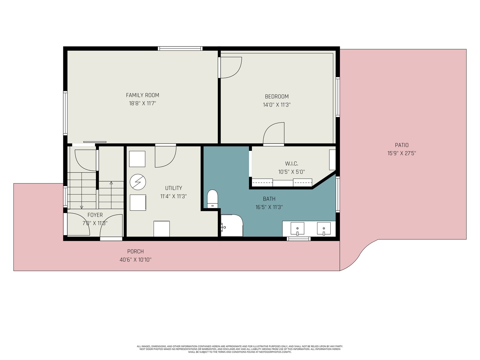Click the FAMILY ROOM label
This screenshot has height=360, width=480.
coord(142,95)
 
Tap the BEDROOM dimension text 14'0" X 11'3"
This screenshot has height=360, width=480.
coord(277,105)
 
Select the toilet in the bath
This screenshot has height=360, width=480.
coord(213,199)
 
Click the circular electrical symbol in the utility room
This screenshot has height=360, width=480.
coord(138,182)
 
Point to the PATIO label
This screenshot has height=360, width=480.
coord(402,145)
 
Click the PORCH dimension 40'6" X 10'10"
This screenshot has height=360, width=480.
coord(136,260)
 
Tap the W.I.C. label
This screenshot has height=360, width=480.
coord(292,163)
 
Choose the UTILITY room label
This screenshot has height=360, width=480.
coord(174,188)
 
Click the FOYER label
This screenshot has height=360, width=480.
coord(95,215)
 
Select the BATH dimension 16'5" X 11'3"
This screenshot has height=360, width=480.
coord(269,207)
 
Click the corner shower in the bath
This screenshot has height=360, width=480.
coord(232,225)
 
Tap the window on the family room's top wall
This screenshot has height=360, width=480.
coord(180,49)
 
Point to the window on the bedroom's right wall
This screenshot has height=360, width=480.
coord(338,97)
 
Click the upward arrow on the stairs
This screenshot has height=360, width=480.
coord(111,195)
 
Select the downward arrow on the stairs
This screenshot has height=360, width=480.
coord(82,190)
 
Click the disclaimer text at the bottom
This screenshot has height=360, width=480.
coord(240,349)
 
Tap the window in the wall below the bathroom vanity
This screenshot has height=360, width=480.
coord(299,239)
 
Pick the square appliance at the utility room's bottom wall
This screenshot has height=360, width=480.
coord(162,229)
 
